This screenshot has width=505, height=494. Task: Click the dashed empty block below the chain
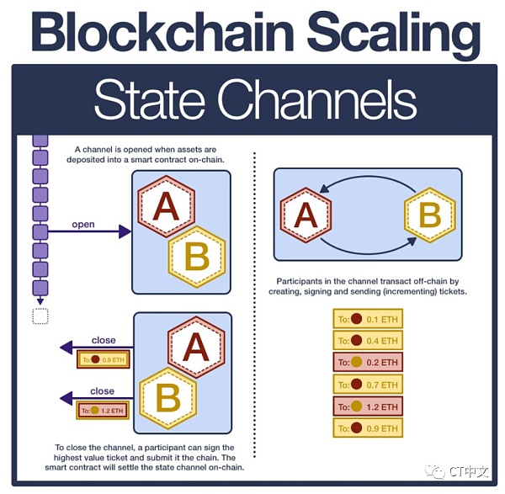[40, 316]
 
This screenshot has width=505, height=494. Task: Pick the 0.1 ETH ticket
[368, 319]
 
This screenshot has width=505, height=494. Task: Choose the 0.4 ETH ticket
[368, 340]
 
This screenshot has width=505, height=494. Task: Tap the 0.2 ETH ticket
[368, 362]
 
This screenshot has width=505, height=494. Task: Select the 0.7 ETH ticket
[368, 384]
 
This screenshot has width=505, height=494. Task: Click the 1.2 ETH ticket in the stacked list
[368, 406]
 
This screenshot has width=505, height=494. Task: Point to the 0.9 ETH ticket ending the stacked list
[368, 428]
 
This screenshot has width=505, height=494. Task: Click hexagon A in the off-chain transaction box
[305, 215]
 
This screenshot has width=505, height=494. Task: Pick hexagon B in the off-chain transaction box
[429, 215]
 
